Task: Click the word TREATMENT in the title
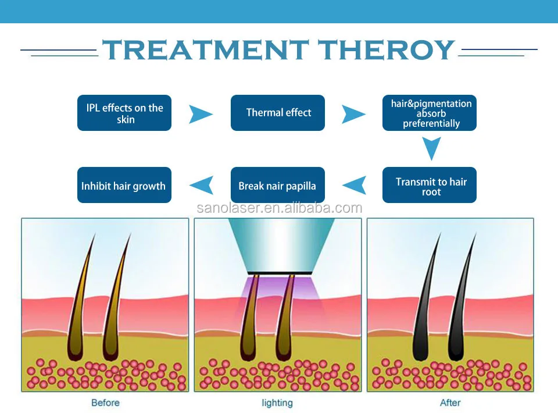[x=205, y=49]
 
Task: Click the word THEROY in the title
[x=386, y=49]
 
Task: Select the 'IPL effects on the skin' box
[x=124, y=113]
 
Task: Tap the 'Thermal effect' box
[x=278, y=113]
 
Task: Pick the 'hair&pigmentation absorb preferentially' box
[x=429, y=113]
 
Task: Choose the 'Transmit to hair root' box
[x=429, y=185]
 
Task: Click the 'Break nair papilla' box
[x=278, y=185]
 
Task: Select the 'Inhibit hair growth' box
[x=124, y=185]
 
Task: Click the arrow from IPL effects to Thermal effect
[x=201, y=114]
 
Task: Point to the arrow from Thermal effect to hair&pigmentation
[x=353, y=114]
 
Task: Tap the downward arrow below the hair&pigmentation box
[x=432, y=149]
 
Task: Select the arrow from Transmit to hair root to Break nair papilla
[x=354, y=185]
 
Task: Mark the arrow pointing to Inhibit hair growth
[x=202, y=185]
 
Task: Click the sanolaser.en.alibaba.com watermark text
[x=280, y=208]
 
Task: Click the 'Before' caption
[x=105, y=403]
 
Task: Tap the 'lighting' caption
[x=277, y=403]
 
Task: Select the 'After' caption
[x=450, y=403]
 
